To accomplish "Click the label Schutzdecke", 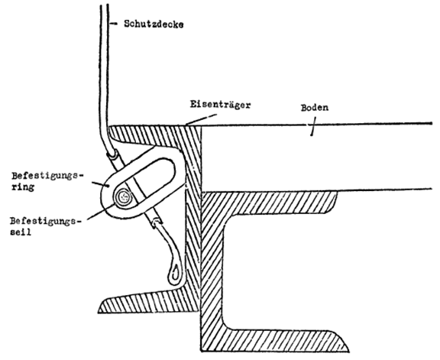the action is pos(154,24).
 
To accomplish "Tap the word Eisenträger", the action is pos(220,104).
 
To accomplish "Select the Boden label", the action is pos(314,108).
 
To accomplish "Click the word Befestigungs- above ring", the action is pos(47,176).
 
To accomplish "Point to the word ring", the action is pos(23,187).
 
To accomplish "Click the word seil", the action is pos(21,232).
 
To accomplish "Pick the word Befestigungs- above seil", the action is pos(44,222).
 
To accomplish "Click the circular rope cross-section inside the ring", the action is pos(123,198).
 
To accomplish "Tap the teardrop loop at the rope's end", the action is pos(174,272).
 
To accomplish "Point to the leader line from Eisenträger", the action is pos(201,119).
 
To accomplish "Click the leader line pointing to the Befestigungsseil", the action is pos(101,212).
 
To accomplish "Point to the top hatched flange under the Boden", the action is pos(270,202).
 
